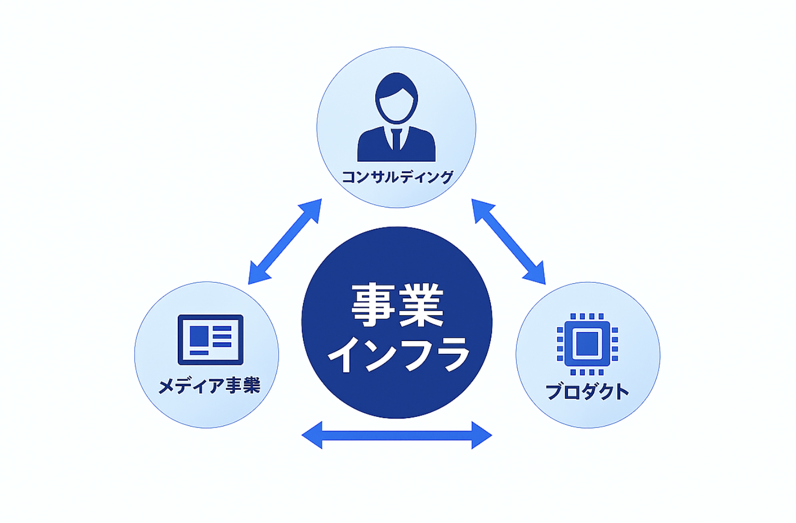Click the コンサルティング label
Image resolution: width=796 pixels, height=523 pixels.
click(397, 177)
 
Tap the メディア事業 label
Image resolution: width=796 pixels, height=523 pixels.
click(209, 386)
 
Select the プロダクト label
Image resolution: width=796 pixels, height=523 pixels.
click(587, 391)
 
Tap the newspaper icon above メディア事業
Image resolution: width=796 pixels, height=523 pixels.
click(210, 339)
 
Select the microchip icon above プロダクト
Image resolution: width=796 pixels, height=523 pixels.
click(587, 344)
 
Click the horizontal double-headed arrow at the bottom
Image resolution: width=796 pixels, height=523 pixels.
click(397, 435)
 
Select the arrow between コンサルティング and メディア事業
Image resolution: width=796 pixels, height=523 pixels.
click(285, 241)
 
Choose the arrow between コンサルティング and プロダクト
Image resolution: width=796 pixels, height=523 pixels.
click(508, 241)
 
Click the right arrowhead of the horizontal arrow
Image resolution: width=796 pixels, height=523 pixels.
click(481, 435)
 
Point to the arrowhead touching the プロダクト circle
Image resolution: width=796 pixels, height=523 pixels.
click(536, 274)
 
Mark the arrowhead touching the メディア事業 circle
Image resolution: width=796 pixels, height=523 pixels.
click(258, 274)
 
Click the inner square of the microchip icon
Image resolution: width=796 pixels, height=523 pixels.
click(587, 344)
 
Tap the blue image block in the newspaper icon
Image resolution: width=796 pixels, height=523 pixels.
click(199, 336)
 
